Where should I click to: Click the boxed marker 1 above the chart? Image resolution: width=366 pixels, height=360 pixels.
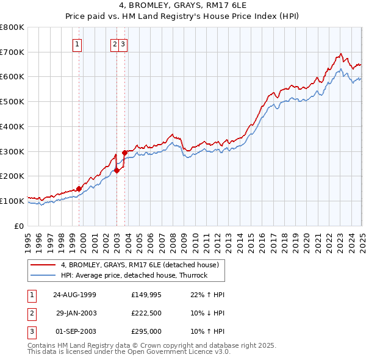(x=78, y=43)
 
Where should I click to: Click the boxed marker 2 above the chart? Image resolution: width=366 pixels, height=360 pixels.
(x=115, y=43)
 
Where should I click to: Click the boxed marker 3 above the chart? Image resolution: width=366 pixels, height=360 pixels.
(x=123, y=43)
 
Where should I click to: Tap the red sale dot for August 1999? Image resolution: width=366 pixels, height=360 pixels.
(x=79, y=189)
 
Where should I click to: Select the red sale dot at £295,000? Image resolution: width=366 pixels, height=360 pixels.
(x=124, y=153)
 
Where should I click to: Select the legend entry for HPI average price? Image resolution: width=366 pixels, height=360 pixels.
(x=134, y=275)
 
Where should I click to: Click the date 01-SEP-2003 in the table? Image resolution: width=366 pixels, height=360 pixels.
(x=75, y=331)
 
